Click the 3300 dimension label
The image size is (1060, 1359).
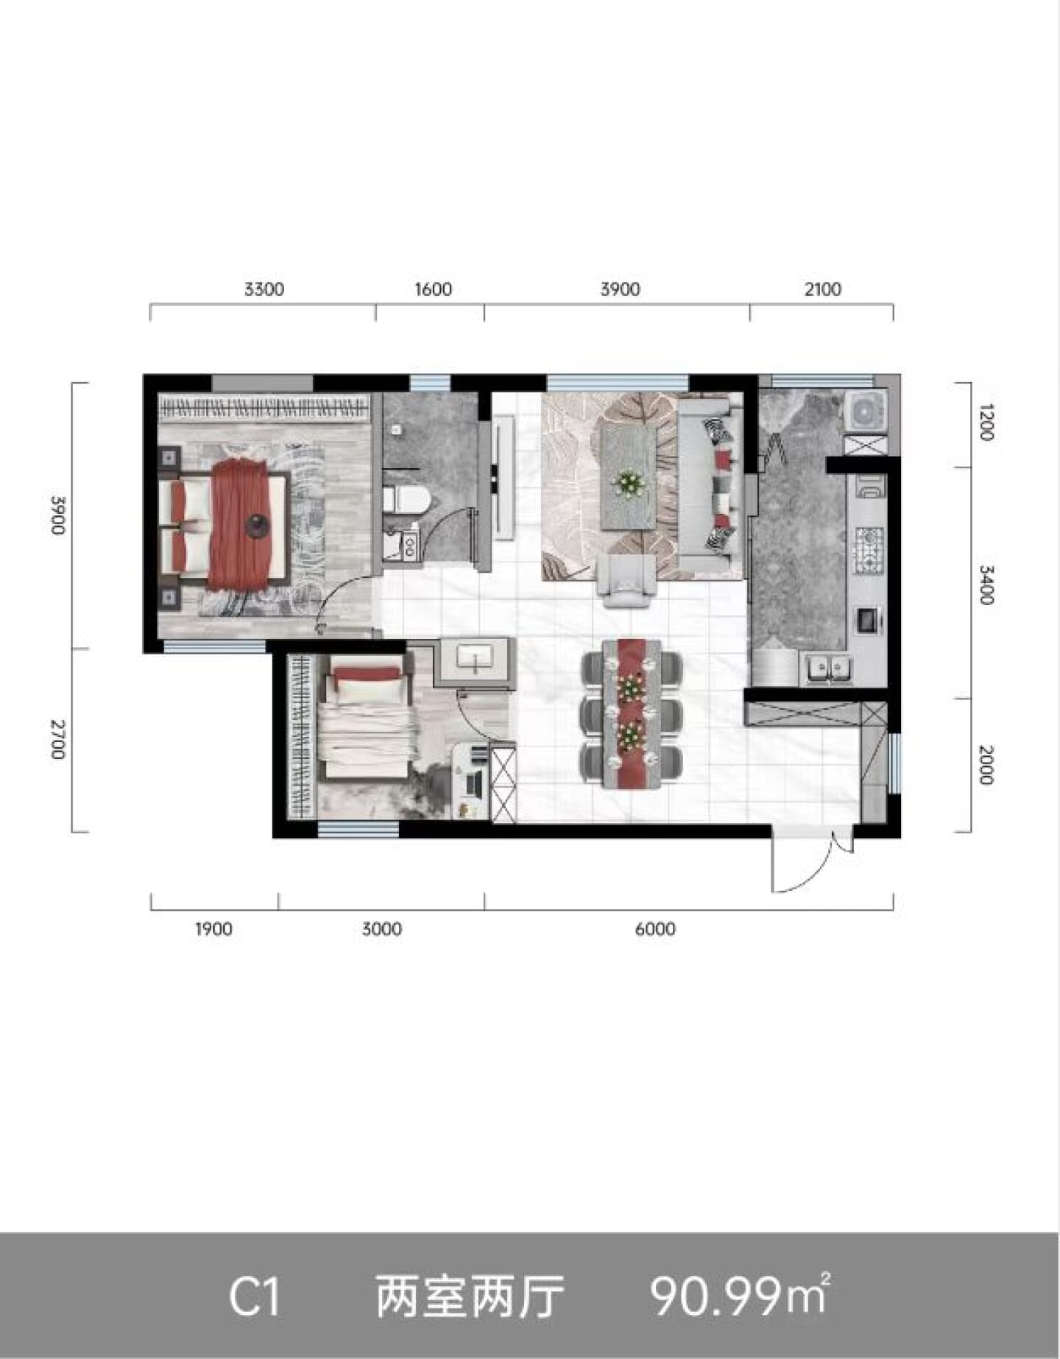point(264,289)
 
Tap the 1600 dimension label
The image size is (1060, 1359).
point(433,289)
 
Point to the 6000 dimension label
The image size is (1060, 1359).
point(655,929)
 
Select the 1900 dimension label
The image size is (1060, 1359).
point(213,929)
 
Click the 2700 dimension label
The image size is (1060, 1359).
point(58,741)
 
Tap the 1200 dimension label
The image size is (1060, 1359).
point(987,422)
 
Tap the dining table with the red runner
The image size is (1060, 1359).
point(632,713)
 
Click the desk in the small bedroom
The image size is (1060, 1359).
point(470,780)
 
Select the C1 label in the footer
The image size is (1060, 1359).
point(255,1296)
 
